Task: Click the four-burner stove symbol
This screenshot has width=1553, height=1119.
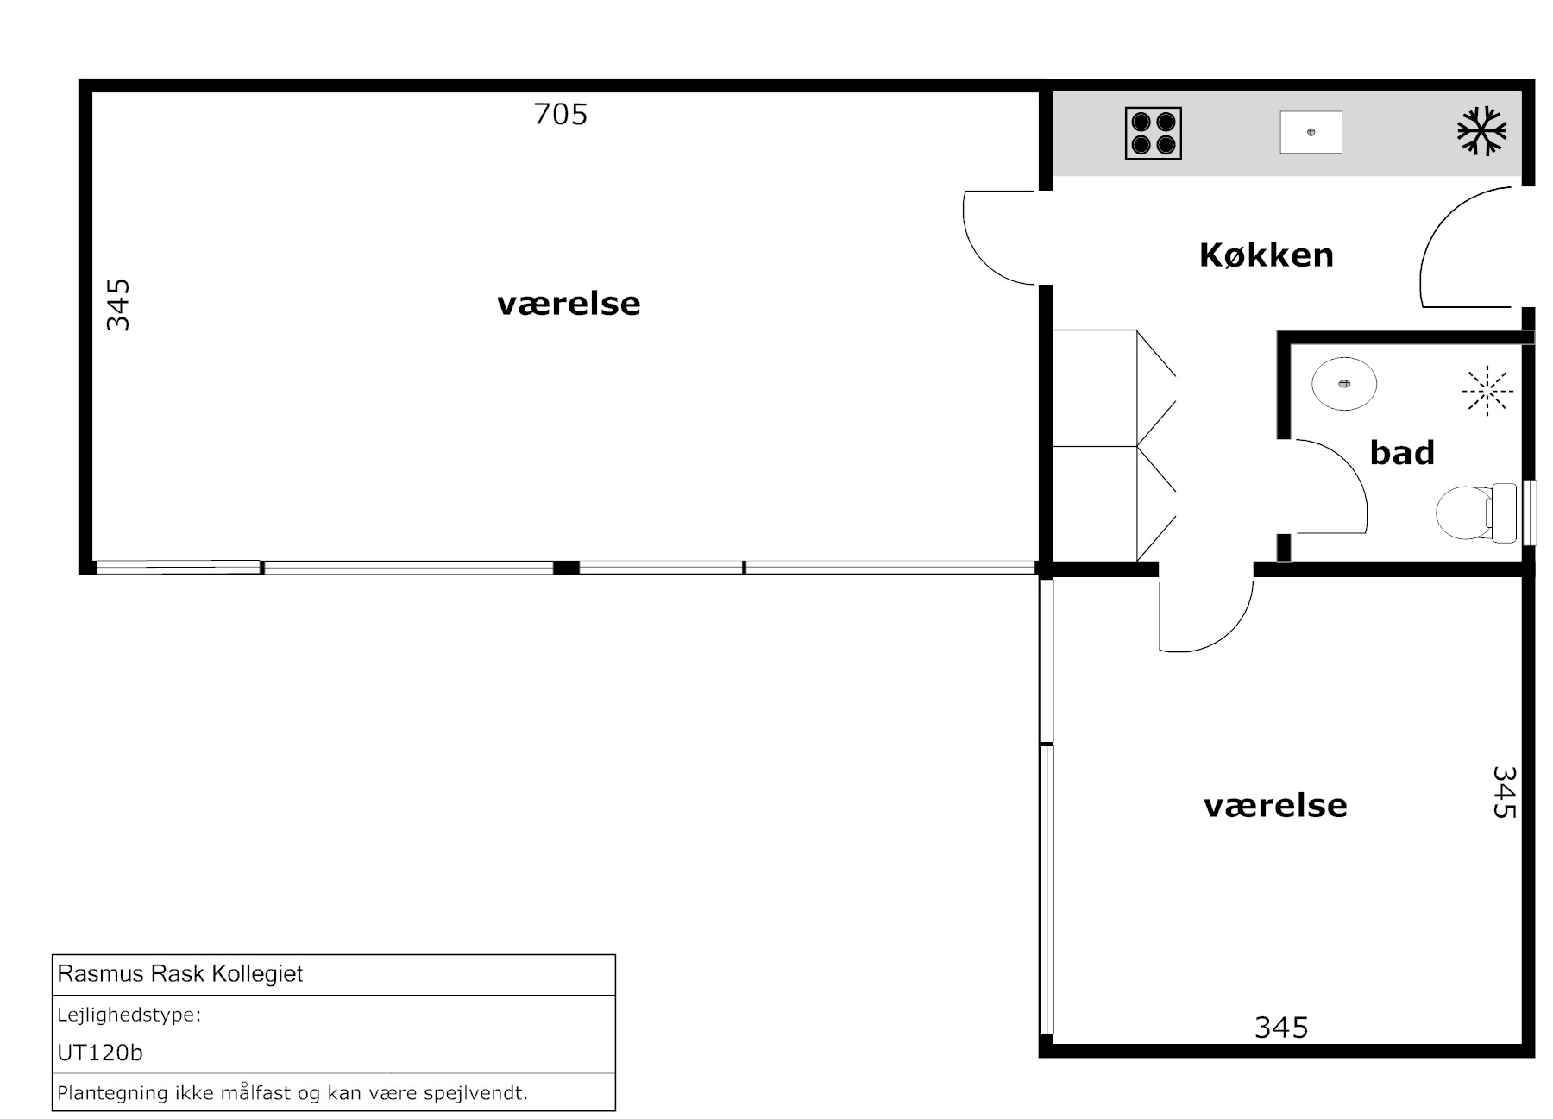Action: click(1153, 133)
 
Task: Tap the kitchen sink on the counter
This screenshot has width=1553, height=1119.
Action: click(1311, 132)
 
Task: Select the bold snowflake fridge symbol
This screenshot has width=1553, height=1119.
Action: click(1481, 131)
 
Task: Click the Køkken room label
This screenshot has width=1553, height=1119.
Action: click(1267, 255)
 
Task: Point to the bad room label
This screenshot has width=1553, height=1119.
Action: click(1402, 452)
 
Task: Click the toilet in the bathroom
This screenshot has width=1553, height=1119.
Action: click(1475, 512)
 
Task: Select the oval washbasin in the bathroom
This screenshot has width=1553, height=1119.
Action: click(1343, 383)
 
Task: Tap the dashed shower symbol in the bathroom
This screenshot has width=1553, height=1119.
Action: click(1487, 391)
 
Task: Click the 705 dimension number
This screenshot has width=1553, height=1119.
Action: click(561, 114)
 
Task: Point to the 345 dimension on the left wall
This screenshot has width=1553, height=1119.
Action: click(117, 305)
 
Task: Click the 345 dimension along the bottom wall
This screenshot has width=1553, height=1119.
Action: click(1281, 1027)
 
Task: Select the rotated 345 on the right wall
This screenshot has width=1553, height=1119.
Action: click(1505, 792)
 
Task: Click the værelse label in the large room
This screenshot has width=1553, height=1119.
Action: click(569, 304)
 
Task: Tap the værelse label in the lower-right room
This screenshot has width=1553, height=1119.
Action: click(1275, 806)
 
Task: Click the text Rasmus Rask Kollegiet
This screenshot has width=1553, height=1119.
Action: click(180, 974)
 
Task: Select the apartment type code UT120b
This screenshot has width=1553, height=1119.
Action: click(100, 1053)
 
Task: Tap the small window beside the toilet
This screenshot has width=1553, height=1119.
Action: click(1530, 512)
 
